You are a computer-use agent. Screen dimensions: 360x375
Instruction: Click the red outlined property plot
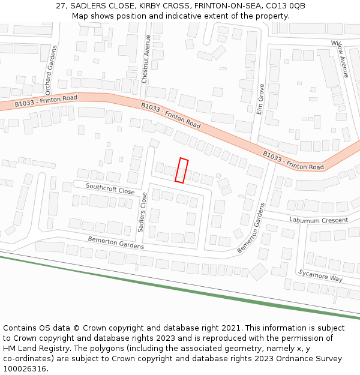[x=182, y=170]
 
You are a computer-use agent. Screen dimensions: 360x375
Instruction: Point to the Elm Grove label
[x=260, y=98]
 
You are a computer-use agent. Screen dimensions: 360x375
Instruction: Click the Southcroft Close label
[x=110, y=188]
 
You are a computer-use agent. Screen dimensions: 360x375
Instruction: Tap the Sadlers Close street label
[x=143, y=212]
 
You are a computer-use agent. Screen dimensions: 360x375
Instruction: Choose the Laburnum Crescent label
[x=318, y=220]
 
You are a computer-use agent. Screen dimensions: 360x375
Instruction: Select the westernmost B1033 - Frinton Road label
[x=46, y=101]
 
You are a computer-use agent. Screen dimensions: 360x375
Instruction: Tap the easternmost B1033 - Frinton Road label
[x=293, y=160]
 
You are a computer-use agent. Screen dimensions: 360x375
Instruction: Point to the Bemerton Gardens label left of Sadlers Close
[x=116, y=242]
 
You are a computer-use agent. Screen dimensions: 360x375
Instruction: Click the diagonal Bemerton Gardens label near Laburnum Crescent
[x=251, y=228]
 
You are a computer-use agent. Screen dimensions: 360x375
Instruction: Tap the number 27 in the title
[x=61, y=5]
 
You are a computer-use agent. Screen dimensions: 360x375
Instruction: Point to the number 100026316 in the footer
[x=25, y=368]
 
